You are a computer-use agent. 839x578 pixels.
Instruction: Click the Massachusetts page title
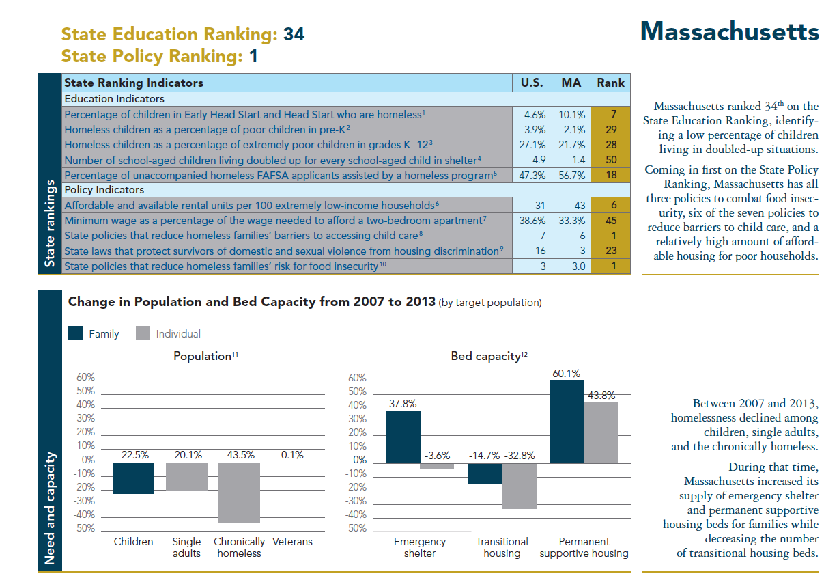730,31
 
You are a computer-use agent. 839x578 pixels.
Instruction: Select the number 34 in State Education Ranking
294,34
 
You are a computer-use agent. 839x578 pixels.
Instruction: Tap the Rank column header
610,83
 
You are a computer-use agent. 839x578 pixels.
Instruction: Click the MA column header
571,83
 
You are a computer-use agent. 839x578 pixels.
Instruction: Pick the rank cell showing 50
610,160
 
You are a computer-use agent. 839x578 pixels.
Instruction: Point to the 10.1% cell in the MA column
572,115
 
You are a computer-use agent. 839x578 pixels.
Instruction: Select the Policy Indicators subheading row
104,190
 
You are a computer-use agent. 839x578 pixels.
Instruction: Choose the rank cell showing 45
610,220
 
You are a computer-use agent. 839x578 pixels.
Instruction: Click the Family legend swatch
76,333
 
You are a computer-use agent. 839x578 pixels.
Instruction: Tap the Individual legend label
178,333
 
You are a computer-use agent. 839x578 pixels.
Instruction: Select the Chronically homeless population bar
239,492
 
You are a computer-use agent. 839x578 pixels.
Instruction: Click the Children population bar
133,478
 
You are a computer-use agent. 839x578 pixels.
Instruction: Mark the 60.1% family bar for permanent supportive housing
567,422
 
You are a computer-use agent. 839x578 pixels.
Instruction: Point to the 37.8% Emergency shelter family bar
403,437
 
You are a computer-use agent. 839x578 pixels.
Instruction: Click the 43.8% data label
601,395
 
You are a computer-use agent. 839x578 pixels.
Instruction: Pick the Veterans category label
292,542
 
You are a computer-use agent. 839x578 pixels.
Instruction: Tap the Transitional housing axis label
502,547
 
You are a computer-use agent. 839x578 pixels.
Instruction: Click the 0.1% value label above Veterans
292,455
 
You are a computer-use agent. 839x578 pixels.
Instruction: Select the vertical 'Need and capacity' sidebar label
50,508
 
